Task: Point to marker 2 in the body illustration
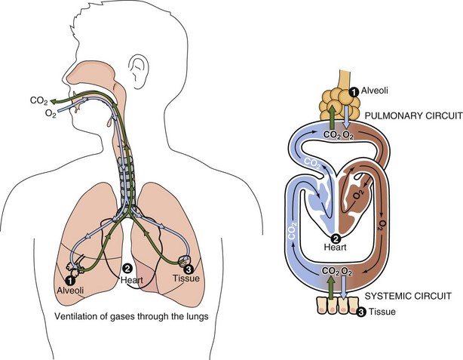click(x=128, y=268)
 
